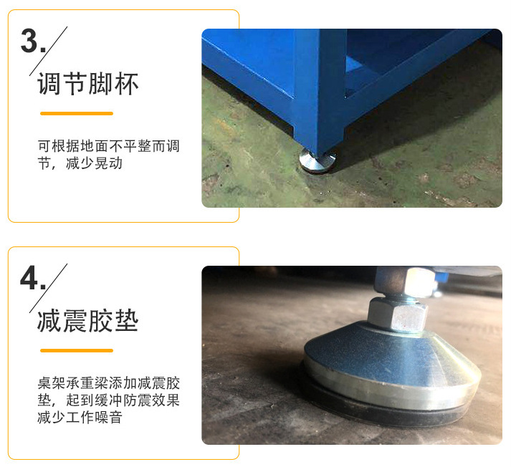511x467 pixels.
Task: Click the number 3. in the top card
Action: pos(33,41)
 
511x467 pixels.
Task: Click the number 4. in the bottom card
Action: pos(33,278)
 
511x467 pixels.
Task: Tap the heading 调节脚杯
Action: pos(87,85)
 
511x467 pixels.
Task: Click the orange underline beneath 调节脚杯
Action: pos(77,113)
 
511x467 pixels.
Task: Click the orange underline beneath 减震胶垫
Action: pos(77,350)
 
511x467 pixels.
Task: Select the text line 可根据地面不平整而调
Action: pos(108,147)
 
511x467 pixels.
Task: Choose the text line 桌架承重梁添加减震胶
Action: pos(108,383)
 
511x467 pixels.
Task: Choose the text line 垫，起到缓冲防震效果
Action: pos(108,400)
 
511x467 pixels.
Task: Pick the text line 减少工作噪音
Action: pos(80,417)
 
